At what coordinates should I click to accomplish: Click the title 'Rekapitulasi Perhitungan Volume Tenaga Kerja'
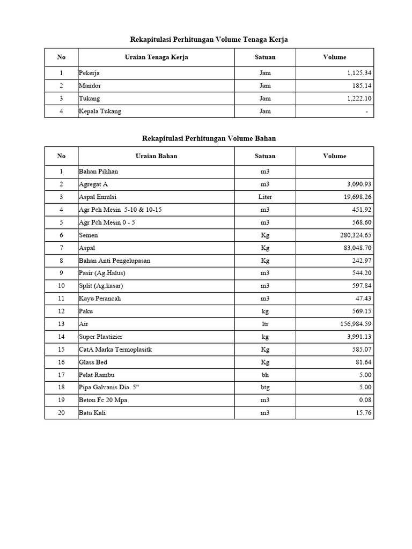(209, 39)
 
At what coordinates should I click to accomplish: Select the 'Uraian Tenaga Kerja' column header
(156, 57)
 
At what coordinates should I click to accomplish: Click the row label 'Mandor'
(90, 86)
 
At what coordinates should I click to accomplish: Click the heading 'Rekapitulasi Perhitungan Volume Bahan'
(209, 138)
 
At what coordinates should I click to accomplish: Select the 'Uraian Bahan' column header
(156, 156)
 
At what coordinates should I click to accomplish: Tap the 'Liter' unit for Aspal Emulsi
(265, 197)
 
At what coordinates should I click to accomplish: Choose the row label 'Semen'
(89, 235)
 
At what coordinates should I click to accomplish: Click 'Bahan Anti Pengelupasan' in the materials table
(115, 261)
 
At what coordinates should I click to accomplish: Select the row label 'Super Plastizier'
(101, 337)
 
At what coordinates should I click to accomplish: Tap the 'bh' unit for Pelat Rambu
(265, 375)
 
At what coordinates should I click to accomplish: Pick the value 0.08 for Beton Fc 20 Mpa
(364, 400)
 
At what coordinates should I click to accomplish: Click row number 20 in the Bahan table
(61, 413)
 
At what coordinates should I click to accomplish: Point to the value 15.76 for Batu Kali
(363, 413)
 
